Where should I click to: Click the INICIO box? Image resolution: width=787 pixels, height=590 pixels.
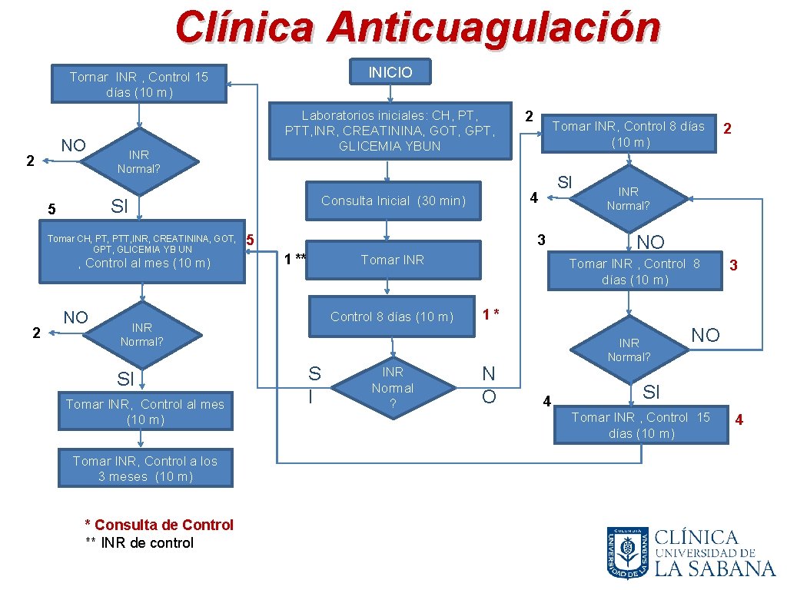tap(390, 72)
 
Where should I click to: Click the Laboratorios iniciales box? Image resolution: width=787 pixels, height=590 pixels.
tap(390, 131)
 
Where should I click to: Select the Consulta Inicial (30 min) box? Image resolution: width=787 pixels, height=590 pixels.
tap(393, 201)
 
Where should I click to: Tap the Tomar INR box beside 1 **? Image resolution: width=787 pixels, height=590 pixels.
tap(393, 260)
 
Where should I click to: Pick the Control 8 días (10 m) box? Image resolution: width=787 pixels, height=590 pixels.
tap(392, 317)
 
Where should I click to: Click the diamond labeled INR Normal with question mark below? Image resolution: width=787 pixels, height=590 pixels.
tap(392, 388)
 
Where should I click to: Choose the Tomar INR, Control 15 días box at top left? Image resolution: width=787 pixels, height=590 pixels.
tap(139, 84)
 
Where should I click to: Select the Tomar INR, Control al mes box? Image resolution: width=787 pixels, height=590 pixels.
tap(145, 411)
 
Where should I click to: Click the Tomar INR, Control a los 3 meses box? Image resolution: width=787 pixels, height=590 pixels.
tap(145, 469)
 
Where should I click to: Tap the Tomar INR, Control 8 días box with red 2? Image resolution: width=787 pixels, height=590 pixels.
tap(629, 134)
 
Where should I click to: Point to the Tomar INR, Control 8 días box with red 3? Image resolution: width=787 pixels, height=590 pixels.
tap(635, 271)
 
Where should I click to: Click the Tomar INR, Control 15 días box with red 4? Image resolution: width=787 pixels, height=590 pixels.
tap(641, 425)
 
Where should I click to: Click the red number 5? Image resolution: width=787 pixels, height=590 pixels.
tap(250, 240)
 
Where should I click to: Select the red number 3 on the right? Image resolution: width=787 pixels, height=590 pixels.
tap(734, 266)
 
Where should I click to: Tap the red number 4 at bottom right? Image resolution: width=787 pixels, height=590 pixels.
tap(739, 419)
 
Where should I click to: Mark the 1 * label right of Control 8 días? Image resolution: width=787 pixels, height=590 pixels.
tap(492, 314)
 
